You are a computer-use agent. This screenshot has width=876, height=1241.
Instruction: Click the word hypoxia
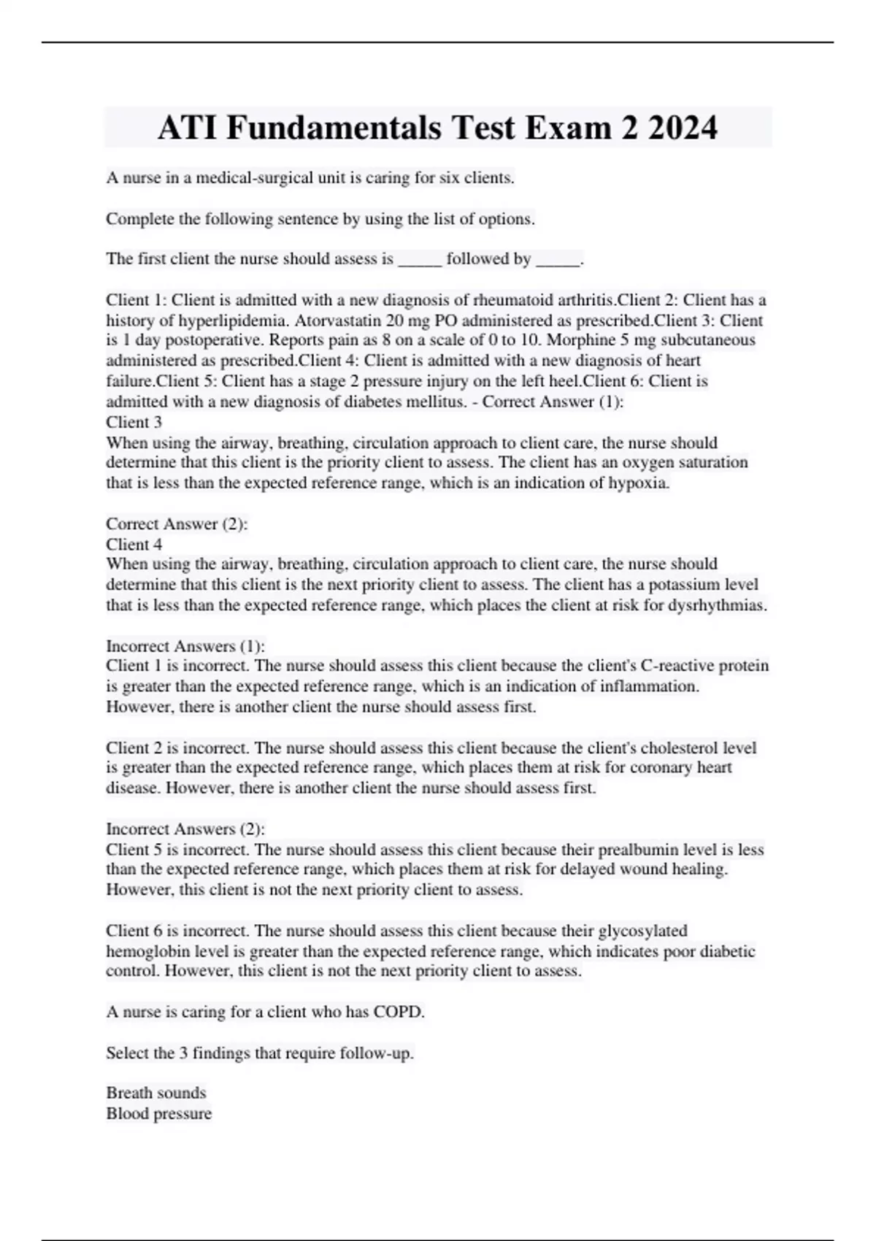coord(638,483)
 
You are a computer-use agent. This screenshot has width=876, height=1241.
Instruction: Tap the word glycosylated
coord(642,931)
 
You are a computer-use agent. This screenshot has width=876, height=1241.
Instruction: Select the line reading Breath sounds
coord(156,1093)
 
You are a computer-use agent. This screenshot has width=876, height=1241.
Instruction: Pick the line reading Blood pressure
coord(159,1114)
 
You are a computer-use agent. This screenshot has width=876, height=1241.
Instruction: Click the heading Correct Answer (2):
coord(177,524)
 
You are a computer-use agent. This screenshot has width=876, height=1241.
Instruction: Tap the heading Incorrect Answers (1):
coord(185,646)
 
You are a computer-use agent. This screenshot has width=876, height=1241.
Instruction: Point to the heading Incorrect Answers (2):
coord(185,829)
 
